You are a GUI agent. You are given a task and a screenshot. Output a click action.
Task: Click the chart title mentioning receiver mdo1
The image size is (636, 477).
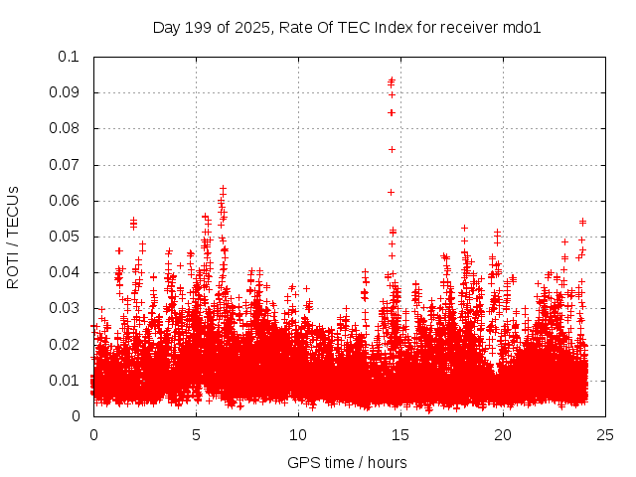click(346, 27)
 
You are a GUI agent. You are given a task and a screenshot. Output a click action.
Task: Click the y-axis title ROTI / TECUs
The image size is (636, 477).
click(13, 237)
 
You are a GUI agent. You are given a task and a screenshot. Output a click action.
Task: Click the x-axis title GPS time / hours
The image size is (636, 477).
click(347, 462)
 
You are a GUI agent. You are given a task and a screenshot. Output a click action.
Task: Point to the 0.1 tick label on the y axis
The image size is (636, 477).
click(69, 57)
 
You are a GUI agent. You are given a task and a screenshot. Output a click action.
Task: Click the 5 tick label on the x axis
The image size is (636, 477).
click(196, 434)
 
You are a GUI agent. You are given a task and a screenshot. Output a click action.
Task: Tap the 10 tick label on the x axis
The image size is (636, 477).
click(298, 434)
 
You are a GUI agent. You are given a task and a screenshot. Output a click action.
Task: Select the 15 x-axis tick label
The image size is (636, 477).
click(400, 434)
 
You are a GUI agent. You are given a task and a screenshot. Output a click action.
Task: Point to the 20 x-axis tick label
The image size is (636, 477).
click(503, 434)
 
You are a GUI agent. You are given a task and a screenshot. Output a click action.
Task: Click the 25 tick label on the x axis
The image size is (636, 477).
click(605, 434)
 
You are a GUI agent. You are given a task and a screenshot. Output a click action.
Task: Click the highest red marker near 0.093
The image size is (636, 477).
click(392, 80)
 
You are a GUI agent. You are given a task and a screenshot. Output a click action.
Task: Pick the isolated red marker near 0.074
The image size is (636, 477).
click(392, 149)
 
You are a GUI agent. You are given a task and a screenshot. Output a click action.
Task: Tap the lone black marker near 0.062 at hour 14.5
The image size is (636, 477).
click(391, 192)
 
